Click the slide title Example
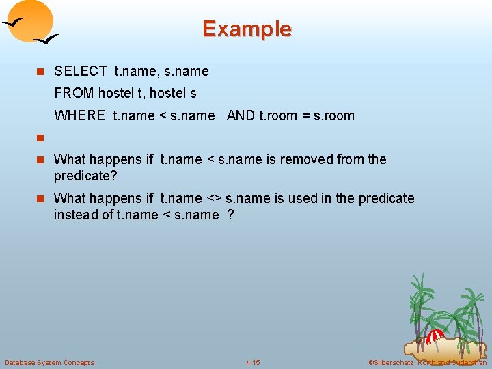click(247, 29)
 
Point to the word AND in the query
click(241, 115)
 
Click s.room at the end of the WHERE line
click(334, 115)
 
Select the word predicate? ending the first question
click(85, 176)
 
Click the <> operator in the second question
click(213, 198)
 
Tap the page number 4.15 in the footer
click(253, 362)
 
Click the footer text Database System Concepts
click(50, 362)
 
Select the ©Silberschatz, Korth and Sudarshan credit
click(427, 362)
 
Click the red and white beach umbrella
click(435, 336)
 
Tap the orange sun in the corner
click(31, 19)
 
